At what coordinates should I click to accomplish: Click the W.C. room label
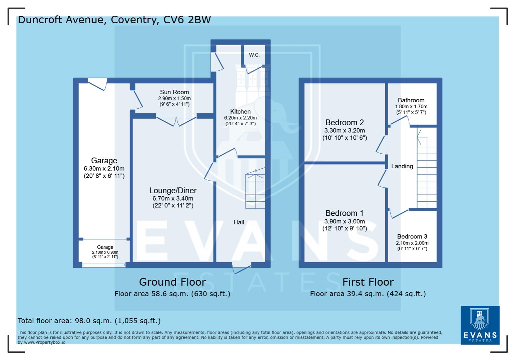(x=254, y=55)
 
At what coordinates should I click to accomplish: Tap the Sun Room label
(x=174, y=92)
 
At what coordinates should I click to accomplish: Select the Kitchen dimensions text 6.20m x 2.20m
(x=240, y=118)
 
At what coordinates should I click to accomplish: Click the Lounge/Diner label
(x=173, y=190)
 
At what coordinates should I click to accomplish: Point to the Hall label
(x=239, y=222)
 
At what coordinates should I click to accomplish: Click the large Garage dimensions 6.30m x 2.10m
(x=104, y=168)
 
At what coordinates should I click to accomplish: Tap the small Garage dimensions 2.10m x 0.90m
(x=105, y=252)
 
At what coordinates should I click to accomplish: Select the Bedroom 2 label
(x=345, y=122)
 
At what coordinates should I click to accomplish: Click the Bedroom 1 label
(x=345, y=213)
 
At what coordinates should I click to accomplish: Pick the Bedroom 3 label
(x=412, y=236)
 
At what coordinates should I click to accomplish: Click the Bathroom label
(x=411, y=100)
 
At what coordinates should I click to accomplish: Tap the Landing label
(x=402, y=166)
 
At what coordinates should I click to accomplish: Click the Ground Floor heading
(x=172, y=282)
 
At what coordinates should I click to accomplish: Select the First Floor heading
(x=368, y=282)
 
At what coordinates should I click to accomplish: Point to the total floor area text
(x=89, y=321)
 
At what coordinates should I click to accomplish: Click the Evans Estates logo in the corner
(x=480, y=325)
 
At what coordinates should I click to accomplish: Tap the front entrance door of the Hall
(x=241, y=268)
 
